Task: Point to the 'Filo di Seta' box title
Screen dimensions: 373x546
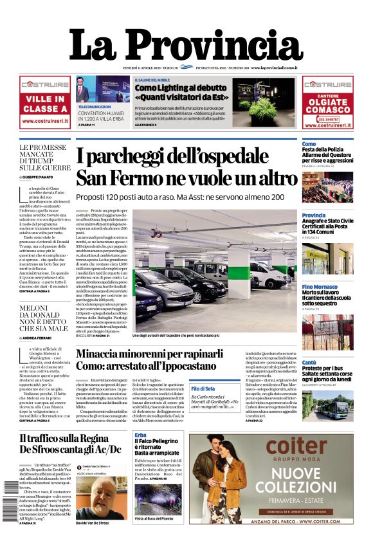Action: [203, 388]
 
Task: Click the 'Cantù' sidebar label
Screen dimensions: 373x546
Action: [309, 362]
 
